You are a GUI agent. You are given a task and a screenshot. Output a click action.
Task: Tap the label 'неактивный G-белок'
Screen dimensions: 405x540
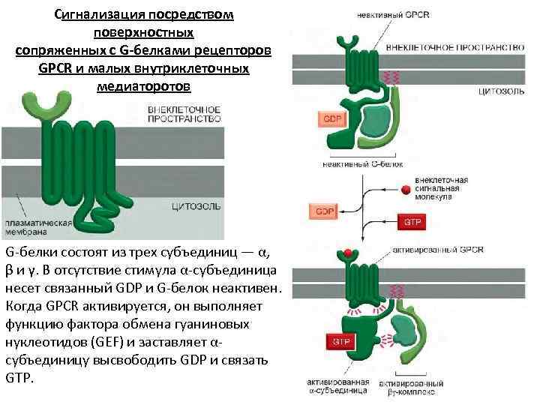pyautogui.click(x=362, y=163)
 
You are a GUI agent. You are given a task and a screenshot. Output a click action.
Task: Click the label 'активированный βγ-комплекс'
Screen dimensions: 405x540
pyautogui.click(x=409, y=386)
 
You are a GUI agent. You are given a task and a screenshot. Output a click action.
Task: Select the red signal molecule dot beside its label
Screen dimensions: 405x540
pyautogui.click(x=405, y=189)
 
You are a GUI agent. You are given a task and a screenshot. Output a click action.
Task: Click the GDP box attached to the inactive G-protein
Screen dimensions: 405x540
pyautogui.click(x=331, y=118)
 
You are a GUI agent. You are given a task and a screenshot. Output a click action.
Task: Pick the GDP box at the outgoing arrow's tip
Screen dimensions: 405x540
pyautogui.click(x=325, y=211)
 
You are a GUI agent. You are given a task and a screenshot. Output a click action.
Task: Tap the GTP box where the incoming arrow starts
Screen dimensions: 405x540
pyautogui.click(x=412, y=223)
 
